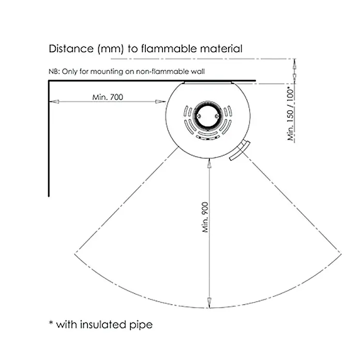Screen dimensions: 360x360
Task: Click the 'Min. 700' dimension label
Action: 108,97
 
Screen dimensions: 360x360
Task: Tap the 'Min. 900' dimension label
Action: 205,217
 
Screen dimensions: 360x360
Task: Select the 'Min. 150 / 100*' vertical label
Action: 291,114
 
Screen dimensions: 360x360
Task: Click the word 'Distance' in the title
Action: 71,49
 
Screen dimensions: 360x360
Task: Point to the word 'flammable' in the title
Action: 169,49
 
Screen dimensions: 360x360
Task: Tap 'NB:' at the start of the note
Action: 54,71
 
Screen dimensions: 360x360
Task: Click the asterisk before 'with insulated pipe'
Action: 51,323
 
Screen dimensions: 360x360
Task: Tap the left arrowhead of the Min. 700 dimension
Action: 54,101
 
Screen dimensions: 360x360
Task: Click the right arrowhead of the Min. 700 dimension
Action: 160,101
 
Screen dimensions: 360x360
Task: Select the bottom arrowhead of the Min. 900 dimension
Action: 209,303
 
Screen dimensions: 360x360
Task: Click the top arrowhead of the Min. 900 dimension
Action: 209,163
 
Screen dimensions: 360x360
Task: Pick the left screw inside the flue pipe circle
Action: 199,116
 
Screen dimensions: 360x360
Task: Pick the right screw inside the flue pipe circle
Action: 217,116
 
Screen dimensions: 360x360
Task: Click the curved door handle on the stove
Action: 240,151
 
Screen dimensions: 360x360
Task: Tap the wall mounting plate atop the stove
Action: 208,82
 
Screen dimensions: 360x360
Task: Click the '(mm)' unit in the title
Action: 111,49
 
